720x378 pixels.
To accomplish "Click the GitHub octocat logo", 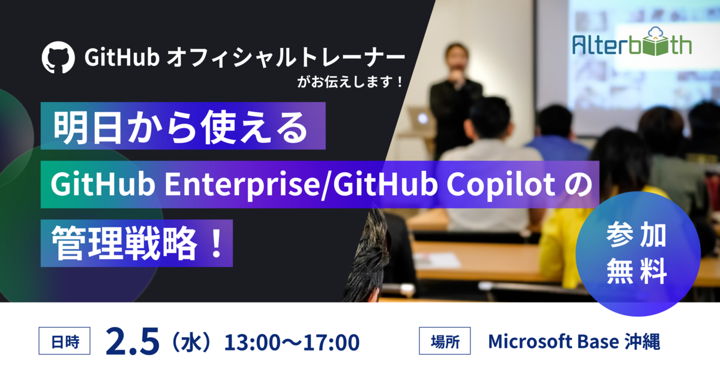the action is [x=58, y=57].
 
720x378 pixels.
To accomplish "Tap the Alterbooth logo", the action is [x=632, y=42].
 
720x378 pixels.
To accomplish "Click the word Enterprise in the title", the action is [x=241, y=184].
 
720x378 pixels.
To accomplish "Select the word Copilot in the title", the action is [x=501, y=185].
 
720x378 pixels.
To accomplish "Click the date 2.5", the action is [x=132, y=341].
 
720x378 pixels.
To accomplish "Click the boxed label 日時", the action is [x=65, y=341].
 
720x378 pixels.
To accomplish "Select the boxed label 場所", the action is [x=445, y=341].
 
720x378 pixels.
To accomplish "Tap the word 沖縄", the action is [x=642, y=341].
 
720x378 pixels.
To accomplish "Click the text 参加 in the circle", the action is [x=637, y=236].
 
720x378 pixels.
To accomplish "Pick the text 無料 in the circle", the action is [x=637, y=271].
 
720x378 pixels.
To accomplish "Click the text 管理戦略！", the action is [x=137, y=243].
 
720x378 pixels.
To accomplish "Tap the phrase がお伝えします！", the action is [x=350, y=82].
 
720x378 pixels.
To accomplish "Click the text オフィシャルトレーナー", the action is [x=286, y=58].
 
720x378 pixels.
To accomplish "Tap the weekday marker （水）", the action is [x=191, y=342].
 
